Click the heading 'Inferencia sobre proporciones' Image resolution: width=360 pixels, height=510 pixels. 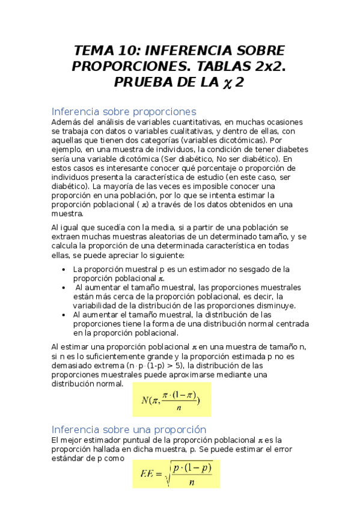(x=124, y=111)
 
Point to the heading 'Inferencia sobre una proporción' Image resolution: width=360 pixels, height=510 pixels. (x=129, y=429)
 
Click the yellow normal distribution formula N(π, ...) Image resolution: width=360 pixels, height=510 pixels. (x=171, y=399)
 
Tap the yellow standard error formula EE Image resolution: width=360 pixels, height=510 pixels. (x=176, y=473)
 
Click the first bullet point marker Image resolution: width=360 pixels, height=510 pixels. (x=64, y=269)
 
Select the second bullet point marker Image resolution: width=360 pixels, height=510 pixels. (x=64, y=287)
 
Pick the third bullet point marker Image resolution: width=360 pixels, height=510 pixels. (x=64, y=315)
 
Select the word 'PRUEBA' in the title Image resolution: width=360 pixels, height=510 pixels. (x=142, y=82)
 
